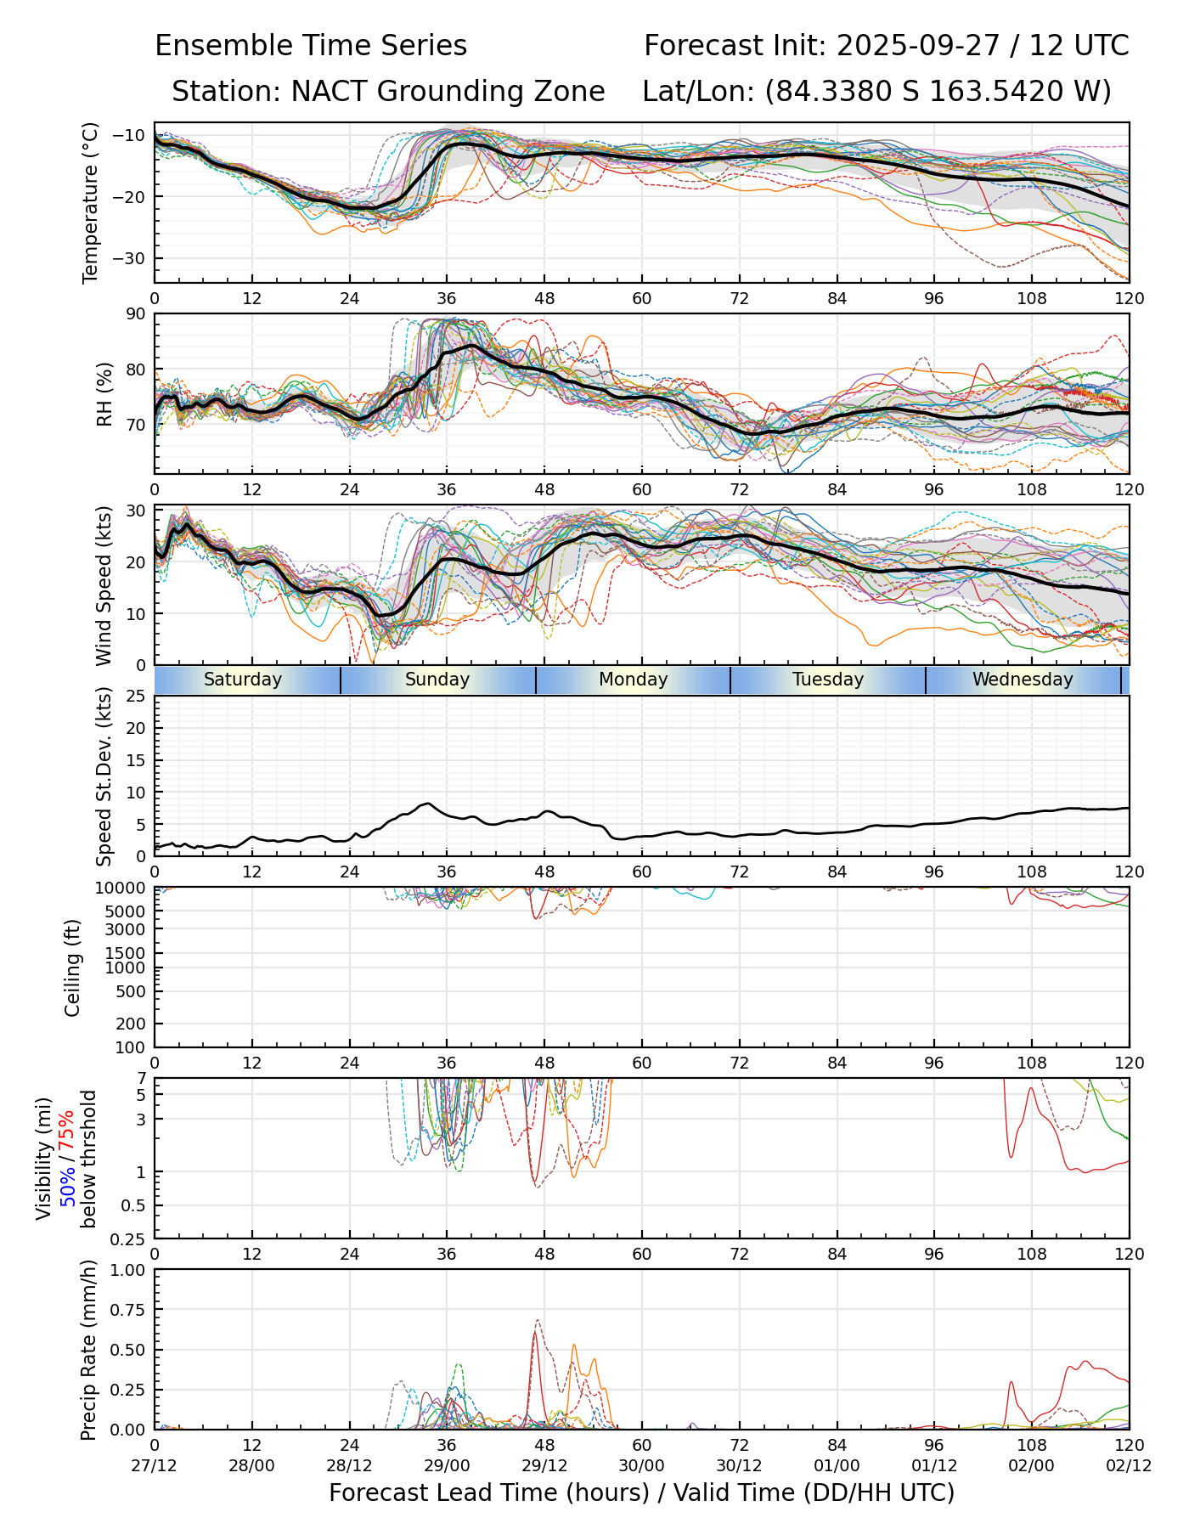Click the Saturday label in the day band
coord(242,680)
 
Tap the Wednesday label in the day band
coord(1023,680)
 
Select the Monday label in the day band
coord(633,680)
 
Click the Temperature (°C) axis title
coord(91,202)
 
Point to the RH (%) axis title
coord(104,393)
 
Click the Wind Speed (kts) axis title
coord(104,585)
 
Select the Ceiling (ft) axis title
coord(73,968)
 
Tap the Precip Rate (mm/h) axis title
coord(88,1350)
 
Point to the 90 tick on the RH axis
coord(136,314)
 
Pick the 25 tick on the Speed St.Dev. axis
coord(136,697)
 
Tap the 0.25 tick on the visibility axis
coord(129,1238)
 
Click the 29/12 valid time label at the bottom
coord(544,1467)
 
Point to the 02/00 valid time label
coord(1032,1467)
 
